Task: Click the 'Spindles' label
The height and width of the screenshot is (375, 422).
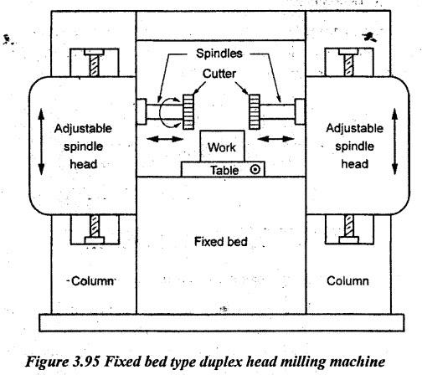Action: pyautogui.click(x=219, y=54)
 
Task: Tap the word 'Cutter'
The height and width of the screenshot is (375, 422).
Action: pyautogui.click(x=219, y=74)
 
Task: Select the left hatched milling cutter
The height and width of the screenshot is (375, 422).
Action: pyautogui.click(x=188, y=111)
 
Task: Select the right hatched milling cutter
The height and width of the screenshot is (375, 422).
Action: pyautogui.click(x=255, y=111)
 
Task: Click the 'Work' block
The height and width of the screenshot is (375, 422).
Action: pyautogui.click(x=222, y=146)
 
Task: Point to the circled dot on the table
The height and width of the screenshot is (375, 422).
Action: pyautogui.click(x=255, y=169)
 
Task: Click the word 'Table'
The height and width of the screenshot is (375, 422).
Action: pyautogui.click(x=224, y=170)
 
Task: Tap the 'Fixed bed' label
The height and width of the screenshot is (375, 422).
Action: pyautogui.click(x=221, y=242)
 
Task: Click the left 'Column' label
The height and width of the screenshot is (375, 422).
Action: pyautogui.click(x=93, y=281)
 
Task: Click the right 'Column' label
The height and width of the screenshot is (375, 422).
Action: pyautogui.click(x=347, y=281)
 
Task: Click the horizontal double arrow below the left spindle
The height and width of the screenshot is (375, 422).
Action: pyautogui.click(x=165, y=138)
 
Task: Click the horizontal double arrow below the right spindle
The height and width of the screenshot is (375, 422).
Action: pyautogui.click(x=275, y=138)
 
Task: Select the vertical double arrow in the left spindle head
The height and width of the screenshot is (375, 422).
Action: pyautogui.click(x=41, y=141)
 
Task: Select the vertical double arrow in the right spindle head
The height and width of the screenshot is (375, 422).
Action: pyautogui.click(x=394, y=141)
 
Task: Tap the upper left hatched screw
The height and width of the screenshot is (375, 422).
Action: pyautogui.click(x=95, y=65)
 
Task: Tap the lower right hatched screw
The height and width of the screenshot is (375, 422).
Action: pyautogui.click(x=349, y=225)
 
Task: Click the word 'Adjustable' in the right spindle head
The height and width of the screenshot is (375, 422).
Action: pyautogui.click(x=355, y=128)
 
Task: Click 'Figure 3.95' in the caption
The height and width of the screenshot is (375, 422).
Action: pyautogui.click(x=63, y=362)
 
